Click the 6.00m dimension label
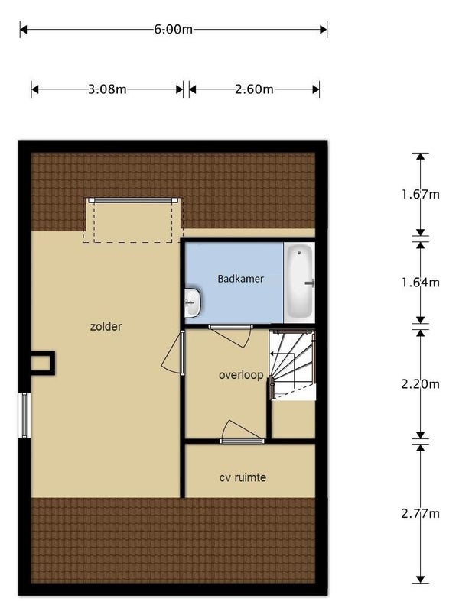coord(174,30)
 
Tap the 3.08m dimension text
coord(107,89)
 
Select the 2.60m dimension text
coord(254,89)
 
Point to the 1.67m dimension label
coord(421,194)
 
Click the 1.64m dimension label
coord(421,282)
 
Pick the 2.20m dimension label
coord(421,384)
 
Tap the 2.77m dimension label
coord(421,513)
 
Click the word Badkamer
coord(240,279)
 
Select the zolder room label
coord(106,327)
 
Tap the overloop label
coord(241,375)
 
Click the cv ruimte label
coord(243,477)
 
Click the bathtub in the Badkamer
coord(300,283)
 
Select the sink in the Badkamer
coord(193,302)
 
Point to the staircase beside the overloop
coord(292,365)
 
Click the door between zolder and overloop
coord(174,353)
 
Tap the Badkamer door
coord(230,335)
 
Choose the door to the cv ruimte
coord(242,432)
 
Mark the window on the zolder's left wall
coord(24,415)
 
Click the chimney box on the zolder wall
coord(42,364)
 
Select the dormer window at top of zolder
coord(133,200)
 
